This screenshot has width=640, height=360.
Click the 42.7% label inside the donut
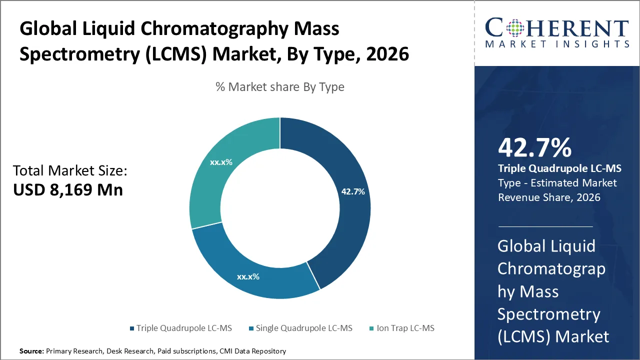[x=353, y=191]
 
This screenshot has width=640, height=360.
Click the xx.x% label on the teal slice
[x=221, y=162]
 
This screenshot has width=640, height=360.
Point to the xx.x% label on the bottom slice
[x=248, y=276]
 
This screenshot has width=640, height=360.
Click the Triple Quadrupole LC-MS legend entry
[x=184, y=328]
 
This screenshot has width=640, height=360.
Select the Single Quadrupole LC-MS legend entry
[x=304, y=328]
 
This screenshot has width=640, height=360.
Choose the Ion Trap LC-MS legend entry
[x=405, y=328]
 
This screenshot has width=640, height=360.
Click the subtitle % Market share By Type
[x=280, y=87]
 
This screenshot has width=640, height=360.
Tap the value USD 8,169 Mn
[x=68, y=190]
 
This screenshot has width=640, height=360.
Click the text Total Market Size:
[x=70, y=171]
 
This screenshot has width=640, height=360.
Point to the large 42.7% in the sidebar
[x=534, y=148]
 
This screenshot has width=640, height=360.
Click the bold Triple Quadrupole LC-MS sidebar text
[x=559, y=168]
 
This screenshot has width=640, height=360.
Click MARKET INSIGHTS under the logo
[x=557, y=44]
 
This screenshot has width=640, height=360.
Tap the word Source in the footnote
[x=31, y=351]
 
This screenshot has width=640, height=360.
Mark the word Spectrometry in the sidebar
[x=548, y=314]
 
